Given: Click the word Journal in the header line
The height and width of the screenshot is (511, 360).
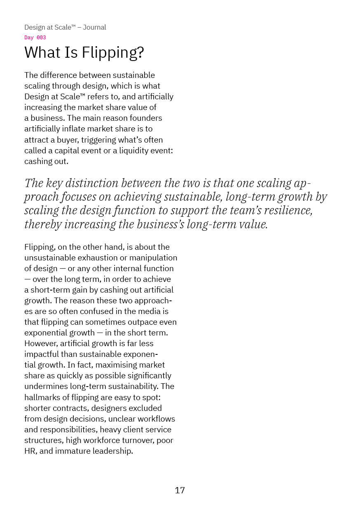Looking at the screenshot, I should [x=94, y=27].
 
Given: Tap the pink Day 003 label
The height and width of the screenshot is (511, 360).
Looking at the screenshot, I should [x=35, y=38].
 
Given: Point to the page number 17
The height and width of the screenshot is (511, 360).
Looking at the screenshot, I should [x=180, y=490].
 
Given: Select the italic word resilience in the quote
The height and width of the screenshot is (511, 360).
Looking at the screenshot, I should [x=288, y=210].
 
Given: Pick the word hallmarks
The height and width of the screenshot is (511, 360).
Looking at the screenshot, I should [x=43, y=397].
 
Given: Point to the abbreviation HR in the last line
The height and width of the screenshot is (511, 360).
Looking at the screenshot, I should [x=30, y=451].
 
